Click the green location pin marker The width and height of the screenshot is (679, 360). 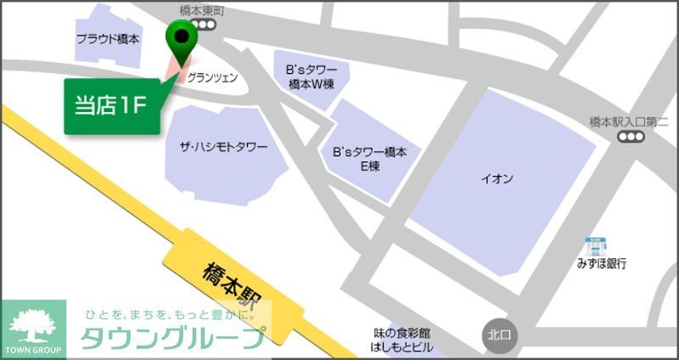click(x=181, y=37)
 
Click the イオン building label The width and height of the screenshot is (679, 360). click(x=497, y=178)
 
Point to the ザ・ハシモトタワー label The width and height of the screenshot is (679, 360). click(x=224, y=148)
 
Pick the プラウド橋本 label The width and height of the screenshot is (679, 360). click(x=108, y=39)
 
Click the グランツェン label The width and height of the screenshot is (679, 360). click(x=212, y=77)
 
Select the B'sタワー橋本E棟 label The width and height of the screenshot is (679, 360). click(x=369, y=159)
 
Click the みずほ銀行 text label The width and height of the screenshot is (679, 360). click(x=599, y=264)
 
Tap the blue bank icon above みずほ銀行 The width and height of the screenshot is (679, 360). click(x=593, y=245)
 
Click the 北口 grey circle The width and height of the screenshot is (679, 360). click(x=497, y=334)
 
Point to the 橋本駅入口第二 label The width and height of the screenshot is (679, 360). click(x=629, y=122)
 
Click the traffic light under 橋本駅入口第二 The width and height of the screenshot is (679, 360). click(x=630, y=138)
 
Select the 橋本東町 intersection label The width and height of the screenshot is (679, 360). click(x=201, y=10)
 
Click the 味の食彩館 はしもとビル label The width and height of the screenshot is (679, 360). click(x=402, y=340)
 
